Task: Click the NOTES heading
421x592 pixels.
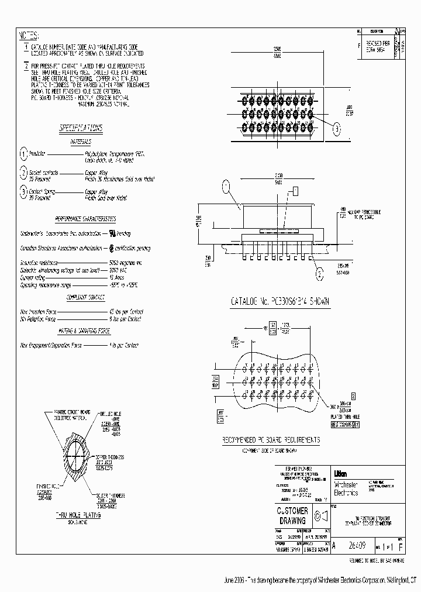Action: (x=29, y=35)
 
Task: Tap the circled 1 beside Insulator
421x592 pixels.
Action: (x=24, y=154)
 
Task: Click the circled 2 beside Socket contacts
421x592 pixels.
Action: (x=24, y=173)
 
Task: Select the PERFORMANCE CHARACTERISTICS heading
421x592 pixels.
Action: (x=85, y=218)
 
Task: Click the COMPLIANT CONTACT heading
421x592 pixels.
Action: (x=85, y=298)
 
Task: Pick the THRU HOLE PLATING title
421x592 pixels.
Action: (x=78, y=515)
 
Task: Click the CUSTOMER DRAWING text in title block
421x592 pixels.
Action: (x=292, y=515)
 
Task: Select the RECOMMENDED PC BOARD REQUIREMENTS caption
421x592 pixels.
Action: (x=271, y=440)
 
